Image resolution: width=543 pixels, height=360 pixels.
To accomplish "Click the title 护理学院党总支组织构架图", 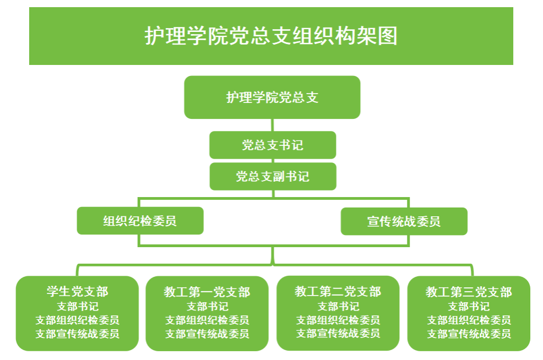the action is (271, 36).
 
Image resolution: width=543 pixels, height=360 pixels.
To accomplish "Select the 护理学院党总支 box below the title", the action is (272, 97).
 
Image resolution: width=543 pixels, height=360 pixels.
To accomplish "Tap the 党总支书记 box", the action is (273, 145).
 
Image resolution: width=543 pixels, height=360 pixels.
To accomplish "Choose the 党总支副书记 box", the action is (273, 177).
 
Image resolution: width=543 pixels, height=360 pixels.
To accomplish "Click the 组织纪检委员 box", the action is (140, 221).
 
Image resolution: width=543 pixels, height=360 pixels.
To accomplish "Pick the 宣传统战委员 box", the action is (404, 221).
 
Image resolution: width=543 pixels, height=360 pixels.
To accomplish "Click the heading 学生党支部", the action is (78, 291).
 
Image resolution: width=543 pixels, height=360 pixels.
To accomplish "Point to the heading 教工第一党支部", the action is (207, 292).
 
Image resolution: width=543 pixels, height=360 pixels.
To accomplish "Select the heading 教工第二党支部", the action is (338, 291).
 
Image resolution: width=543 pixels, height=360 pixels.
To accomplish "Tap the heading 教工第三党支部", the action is (469, 292).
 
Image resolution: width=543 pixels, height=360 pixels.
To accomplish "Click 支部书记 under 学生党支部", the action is (78, 307).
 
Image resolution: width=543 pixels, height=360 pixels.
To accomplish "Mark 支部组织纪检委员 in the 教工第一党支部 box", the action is (207, 320).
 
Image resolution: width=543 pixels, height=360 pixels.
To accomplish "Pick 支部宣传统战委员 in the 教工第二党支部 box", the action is (338, 333).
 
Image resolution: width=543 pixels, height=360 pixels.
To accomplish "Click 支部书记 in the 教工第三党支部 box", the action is (469, 307).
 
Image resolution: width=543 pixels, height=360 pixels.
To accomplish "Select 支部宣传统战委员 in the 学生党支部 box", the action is (78, 334).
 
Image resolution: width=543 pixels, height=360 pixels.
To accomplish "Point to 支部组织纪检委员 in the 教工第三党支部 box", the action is (469, 320).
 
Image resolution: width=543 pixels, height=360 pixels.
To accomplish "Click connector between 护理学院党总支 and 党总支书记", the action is (273, 125).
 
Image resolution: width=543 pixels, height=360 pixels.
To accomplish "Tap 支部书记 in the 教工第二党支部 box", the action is (338, 307).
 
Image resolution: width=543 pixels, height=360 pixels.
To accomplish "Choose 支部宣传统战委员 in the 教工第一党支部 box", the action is (207, 334).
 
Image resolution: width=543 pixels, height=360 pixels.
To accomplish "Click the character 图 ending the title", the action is (388, 36).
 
